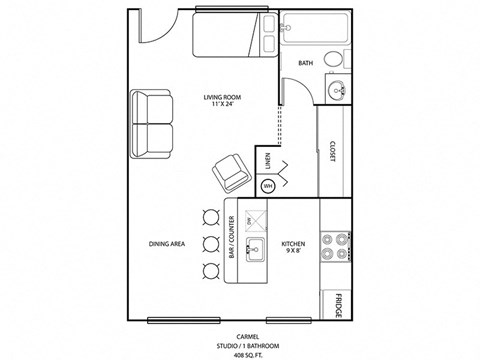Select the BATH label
[306, 63]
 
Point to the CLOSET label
[332, 150]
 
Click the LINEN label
[267, 160]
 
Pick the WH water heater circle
[267, 185]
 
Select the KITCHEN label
[292, 242]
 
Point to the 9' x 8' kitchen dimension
[292, 250]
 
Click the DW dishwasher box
[255, 219]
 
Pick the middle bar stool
[210, 243]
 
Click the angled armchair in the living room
[231, 173]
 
